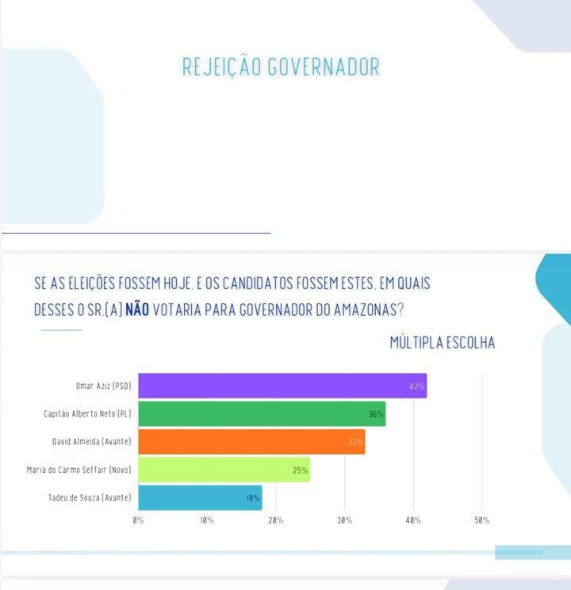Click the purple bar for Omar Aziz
[282, 386]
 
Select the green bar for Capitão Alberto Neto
[262, 413]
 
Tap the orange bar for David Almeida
[251, 441]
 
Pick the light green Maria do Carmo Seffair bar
[224, 470]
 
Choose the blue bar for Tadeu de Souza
[200, 497]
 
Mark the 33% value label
[355, 442]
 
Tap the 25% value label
[300, 470]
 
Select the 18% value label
[251, 498]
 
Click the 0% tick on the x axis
[138, 520]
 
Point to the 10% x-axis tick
[207, 520]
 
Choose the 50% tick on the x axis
[481, 520]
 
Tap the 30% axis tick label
[344, 520]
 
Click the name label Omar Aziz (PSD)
[102, 386]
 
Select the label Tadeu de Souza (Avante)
[90, 497]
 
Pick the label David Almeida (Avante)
[91, 441]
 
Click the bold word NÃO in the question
[136, 309]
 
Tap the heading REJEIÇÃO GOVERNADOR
[281, 67]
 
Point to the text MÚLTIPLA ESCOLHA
[442, 342]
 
